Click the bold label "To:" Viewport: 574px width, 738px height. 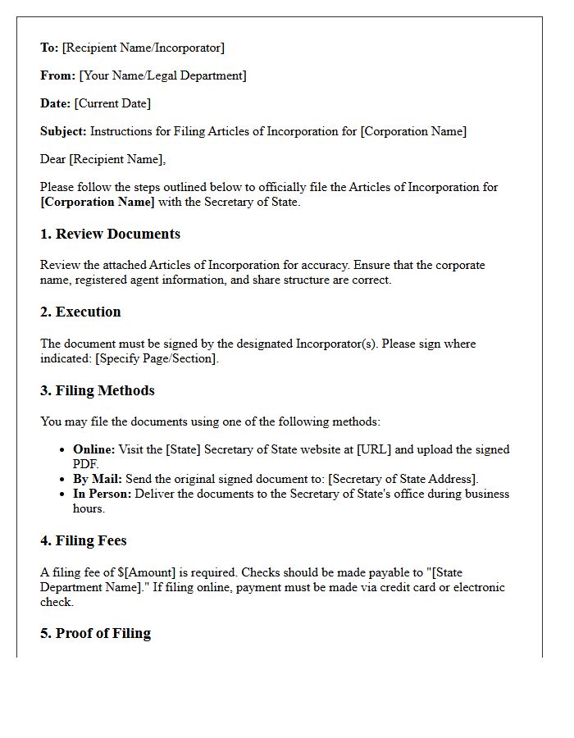[49, 48]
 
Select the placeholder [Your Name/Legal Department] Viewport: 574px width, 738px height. [162, 75]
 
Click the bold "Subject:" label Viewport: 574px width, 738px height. [63, 131]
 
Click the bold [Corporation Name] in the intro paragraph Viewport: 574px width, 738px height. [97, 202]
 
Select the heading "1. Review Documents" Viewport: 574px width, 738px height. [110, 234]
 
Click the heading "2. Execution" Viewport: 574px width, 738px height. [80, 312]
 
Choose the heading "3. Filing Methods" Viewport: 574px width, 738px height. [97, 390]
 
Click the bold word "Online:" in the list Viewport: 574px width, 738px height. [94, 449]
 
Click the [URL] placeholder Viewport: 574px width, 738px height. [373, 449]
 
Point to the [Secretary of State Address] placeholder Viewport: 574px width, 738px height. [402, 479]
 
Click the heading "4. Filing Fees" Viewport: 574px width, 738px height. [83, 540]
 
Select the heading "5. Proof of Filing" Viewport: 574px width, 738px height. [95, 633]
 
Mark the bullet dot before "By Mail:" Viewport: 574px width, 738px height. [63, 479]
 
